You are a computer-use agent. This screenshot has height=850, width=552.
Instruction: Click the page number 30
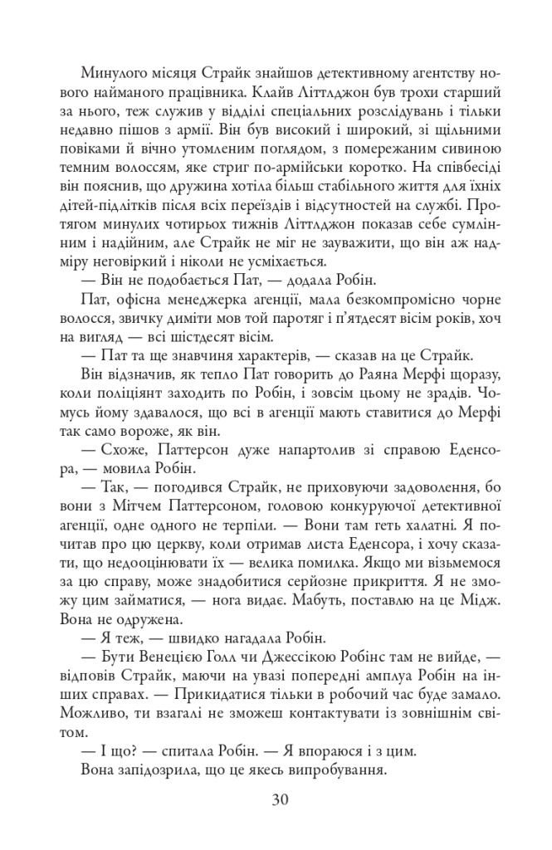(x=278, y=799)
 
